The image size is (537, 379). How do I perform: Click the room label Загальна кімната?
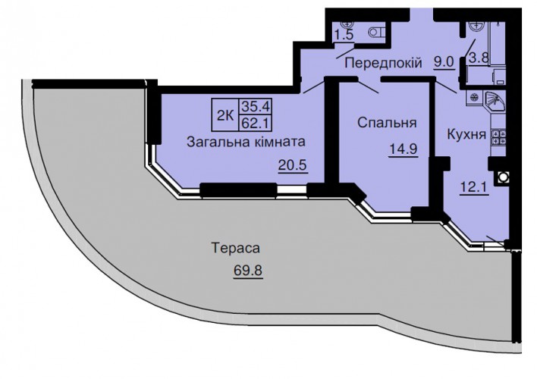pyautogui.click(x=246, y=142)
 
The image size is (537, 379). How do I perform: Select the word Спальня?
pyautogui.click(x=387, y=123)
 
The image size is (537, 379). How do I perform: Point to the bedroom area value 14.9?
pyautogui.click(x=403, y=149)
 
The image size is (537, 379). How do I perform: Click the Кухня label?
pyautogui.click(x=466, y=135)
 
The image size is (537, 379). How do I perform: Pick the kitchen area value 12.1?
pyautogui.click(x=474, y=187)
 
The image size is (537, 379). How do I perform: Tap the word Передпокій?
pyautogui.click(x=383, y=63)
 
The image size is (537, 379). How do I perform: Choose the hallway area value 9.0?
pyautogui.click(x=444, y=62)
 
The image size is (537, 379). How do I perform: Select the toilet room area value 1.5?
pyautogui.click(x=344, y=35)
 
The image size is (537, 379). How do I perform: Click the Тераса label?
pyautogui.click(x=236, y=248)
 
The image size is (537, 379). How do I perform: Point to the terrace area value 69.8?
pyautogui.click(x=248, y=271)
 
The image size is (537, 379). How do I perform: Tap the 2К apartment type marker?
pyautogui.click(x=225, y=116)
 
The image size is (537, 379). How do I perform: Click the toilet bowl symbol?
pyautogui.click(x=377, y=33)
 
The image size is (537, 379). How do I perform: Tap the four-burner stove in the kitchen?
pyautogui.click(x=498, y=136)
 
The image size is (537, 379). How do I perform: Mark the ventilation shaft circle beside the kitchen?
pyautogui.click(x=502, y=177)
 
